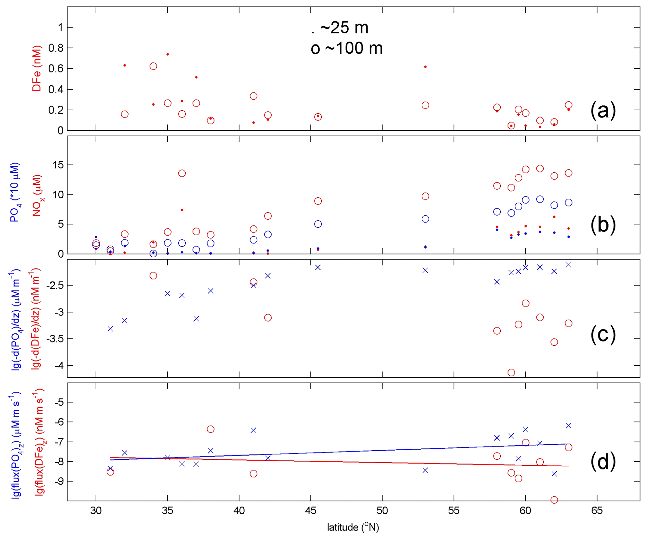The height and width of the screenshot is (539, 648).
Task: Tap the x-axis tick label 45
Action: pos(310,511)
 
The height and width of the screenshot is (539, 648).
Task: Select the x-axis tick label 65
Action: pos(597,511)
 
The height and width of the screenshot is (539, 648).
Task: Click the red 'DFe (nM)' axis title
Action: pos(37,69)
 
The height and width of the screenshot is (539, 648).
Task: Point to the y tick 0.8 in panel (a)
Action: pos(55,48)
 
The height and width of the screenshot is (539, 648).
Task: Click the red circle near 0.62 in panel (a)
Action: pos(153,66)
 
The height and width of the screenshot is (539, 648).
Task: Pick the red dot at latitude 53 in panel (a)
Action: pos(425,67)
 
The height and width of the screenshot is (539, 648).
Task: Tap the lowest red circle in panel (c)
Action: pos(511,373)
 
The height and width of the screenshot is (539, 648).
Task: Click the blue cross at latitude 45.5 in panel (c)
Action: pos(318,267)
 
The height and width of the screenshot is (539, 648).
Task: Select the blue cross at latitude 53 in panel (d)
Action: pos(425,470)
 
